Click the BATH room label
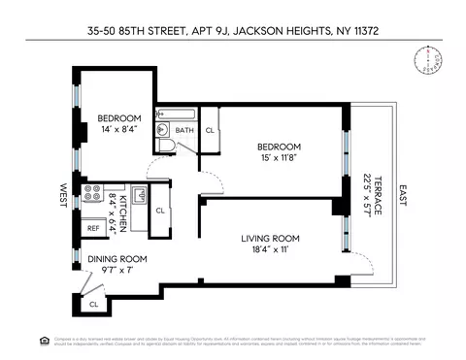[184, 130]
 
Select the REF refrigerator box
[93, 228]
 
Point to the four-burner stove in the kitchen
[93, 193]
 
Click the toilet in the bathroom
[166, 147]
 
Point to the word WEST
[63, 193]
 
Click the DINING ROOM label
[116, 259]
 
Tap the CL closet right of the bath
[210, 130]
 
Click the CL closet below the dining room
[93, 304]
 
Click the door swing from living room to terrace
[360, 264]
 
